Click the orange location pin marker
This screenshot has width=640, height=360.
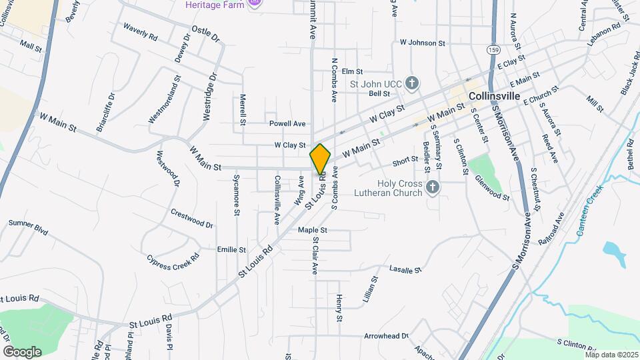320,159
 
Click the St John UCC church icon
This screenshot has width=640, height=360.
413,83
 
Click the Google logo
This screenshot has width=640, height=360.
22,351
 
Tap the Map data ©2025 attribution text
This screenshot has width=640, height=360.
611,355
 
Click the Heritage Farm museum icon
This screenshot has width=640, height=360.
253,4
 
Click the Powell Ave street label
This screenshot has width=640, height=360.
287,123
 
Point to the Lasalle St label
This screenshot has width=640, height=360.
406,270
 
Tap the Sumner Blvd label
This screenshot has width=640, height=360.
29,227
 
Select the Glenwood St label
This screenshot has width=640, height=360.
491,188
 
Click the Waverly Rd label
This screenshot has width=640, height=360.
139,31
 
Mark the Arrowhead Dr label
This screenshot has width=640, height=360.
386,337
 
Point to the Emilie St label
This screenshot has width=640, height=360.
231,249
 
